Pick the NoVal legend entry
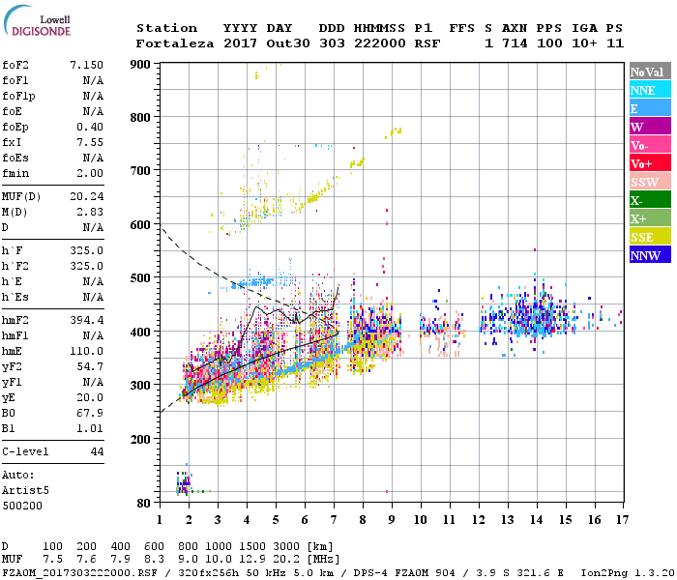648,72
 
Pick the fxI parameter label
14,140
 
